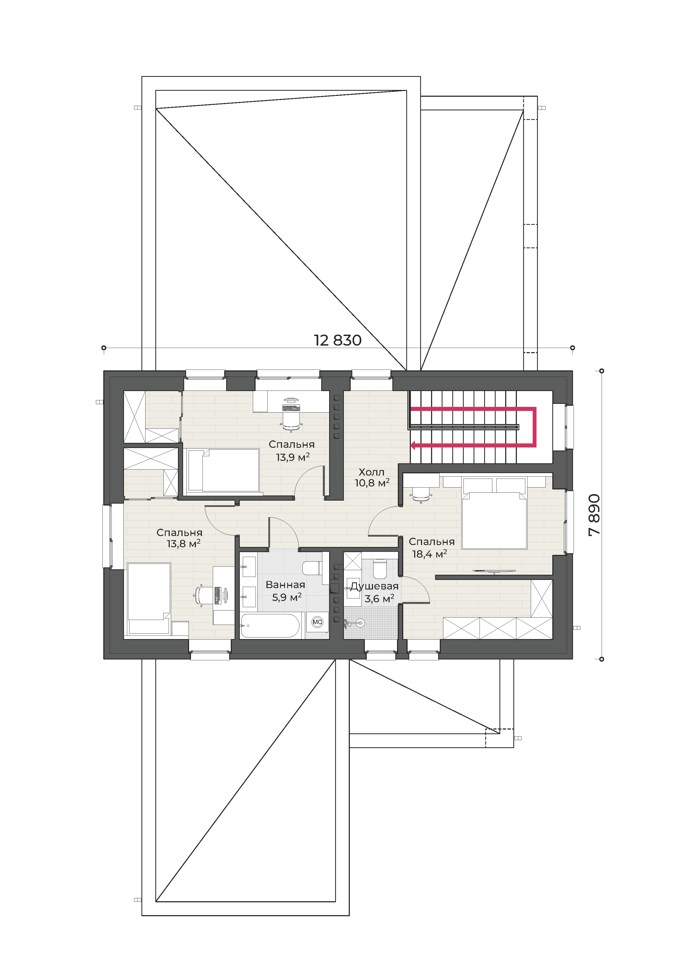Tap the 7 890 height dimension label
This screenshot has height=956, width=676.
(595, 515)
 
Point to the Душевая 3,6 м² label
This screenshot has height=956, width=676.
(375, 592)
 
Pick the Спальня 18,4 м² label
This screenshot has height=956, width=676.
(431, 547)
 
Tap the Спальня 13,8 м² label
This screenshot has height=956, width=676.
(180, 538)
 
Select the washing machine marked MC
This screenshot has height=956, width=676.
(317, 622)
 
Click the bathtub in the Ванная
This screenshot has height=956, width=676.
(270, 625)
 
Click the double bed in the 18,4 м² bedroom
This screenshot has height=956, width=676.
(495, 513)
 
